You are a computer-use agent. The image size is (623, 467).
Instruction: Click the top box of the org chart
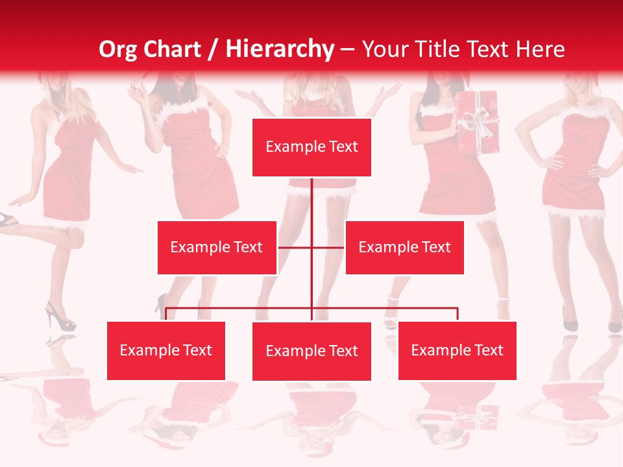(311, 147)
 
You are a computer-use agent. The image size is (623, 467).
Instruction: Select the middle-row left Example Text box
(217, 247)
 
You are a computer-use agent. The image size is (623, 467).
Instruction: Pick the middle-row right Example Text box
(404, 247)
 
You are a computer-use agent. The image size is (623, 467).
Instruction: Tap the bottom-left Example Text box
(166, 350)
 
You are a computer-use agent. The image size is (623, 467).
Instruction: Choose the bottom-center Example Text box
(311, 351)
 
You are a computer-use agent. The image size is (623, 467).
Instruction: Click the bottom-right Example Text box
(457, 350)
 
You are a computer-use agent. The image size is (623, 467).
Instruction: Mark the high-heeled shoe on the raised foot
(8, 221)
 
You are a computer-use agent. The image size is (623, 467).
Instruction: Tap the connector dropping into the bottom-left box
(166, 315)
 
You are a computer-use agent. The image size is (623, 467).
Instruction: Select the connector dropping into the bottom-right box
(458, 315)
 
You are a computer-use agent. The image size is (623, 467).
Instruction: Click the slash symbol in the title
(212, 49)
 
